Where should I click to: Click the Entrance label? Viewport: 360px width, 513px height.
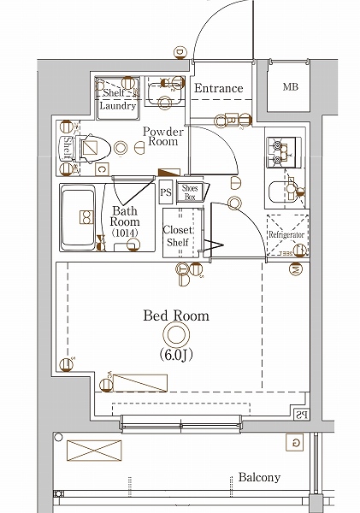[x=218, y=88]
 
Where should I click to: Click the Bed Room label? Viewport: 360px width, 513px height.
[x=175, y=315]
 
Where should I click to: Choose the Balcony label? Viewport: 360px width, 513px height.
[x=259, y=477]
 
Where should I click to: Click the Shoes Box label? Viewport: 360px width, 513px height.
[x=190, y=192]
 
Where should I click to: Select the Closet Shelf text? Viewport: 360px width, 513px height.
[x=178, y=236]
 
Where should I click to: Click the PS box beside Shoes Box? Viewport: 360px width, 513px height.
[x=165, y=192]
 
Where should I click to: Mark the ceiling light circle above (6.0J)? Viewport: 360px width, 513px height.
[x=176, y=334]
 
